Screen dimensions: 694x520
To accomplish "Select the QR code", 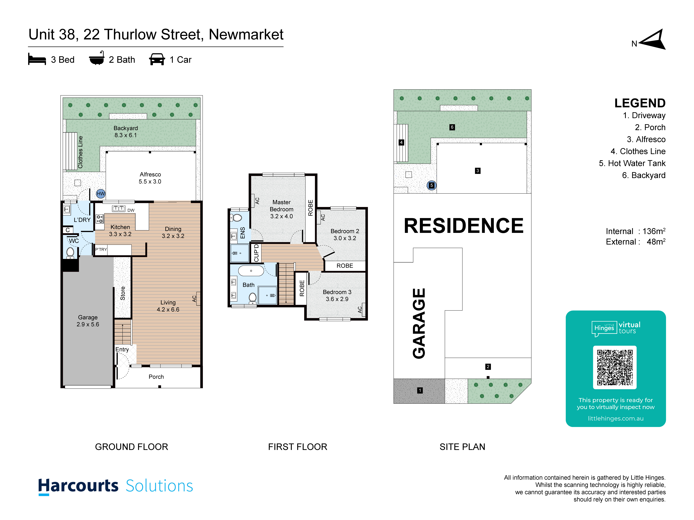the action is point(615,367).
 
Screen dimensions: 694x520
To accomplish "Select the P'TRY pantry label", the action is point(101,250).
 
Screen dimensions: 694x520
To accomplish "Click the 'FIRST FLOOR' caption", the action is point(297,447).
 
